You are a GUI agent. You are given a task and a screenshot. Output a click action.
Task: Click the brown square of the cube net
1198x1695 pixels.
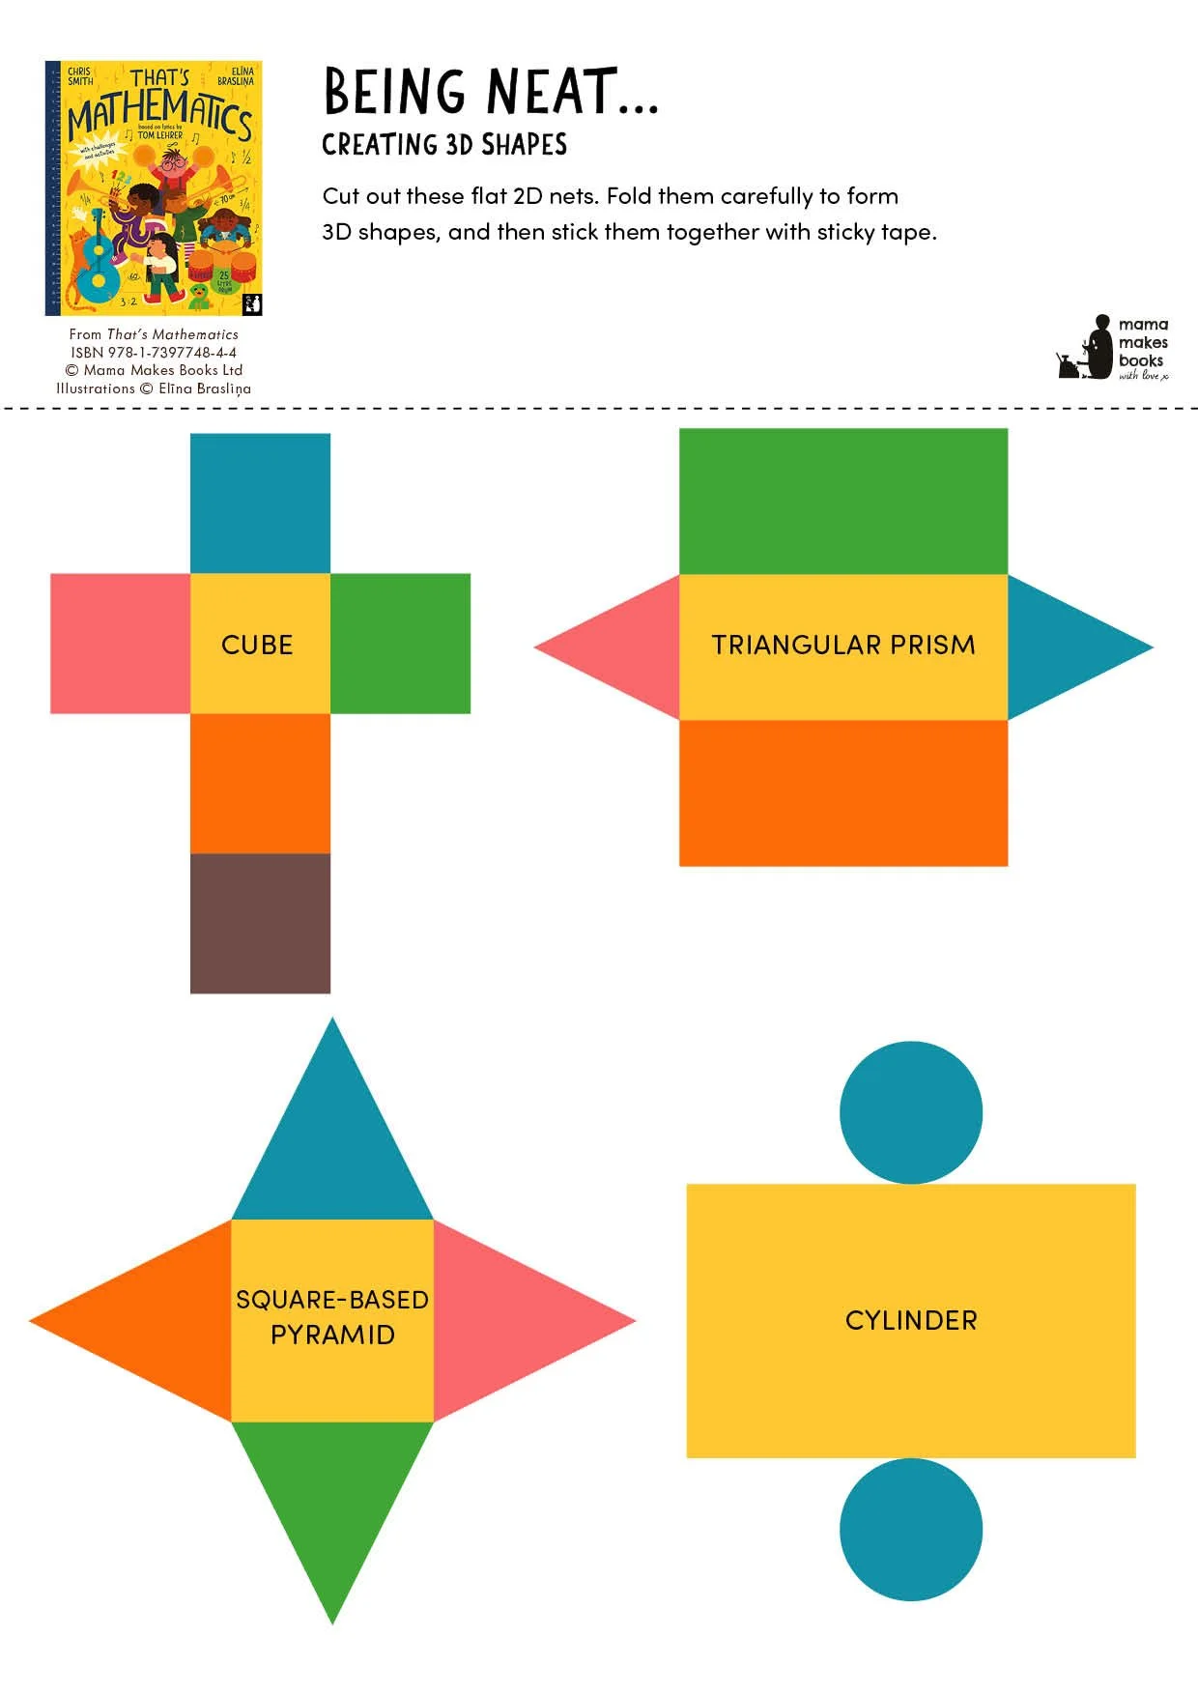coord(260,923)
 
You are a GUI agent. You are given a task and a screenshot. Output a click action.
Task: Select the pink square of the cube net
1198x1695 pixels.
coord(120,644)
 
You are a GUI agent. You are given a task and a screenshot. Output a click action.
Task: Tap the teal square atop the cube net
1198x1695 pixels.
coord(260,503)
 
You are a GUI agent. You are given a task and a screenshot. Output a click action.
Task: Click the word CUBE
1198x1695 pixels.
coord(257,645)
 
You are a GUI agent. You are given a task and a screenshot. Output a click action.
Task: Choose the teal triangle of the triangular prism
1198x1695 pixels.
coord(1063,646)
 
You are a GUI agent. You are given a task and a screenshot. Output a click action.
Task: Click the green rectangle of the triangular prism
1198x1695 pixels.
coord(842,501)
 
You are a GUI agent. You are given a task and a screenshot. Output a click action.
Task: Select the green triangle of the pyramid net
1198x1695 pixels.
coord(332,1498)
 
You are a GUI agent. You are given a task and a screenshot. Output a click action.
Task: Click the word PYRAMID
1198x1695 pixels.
coord(332,1335)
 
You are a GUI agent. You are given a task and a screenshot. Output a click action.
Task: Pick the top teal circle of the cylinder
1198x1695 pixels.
coord(910,1112)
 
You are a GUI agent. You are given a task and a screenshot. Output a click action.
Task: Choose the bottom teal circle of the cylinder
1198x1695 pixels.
coord(910,1529)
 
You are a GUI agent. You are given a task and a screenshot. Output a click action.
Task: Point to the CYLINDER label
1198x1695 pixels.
coord(911,1320)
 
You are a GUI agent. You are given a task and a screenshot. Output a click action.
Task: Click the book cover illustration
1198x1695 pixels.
coord(154,188)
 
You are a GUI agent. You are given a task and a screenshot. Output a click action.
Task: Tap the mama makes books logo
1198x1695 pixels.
coord(1113,349)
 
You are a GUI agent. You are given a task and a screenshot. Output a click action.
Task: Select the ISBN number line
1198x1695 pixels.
coord(154,353)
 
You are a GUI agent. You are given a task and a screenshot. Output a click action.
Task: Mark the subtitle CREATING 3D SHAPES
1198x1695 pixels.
coord(444,145)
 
